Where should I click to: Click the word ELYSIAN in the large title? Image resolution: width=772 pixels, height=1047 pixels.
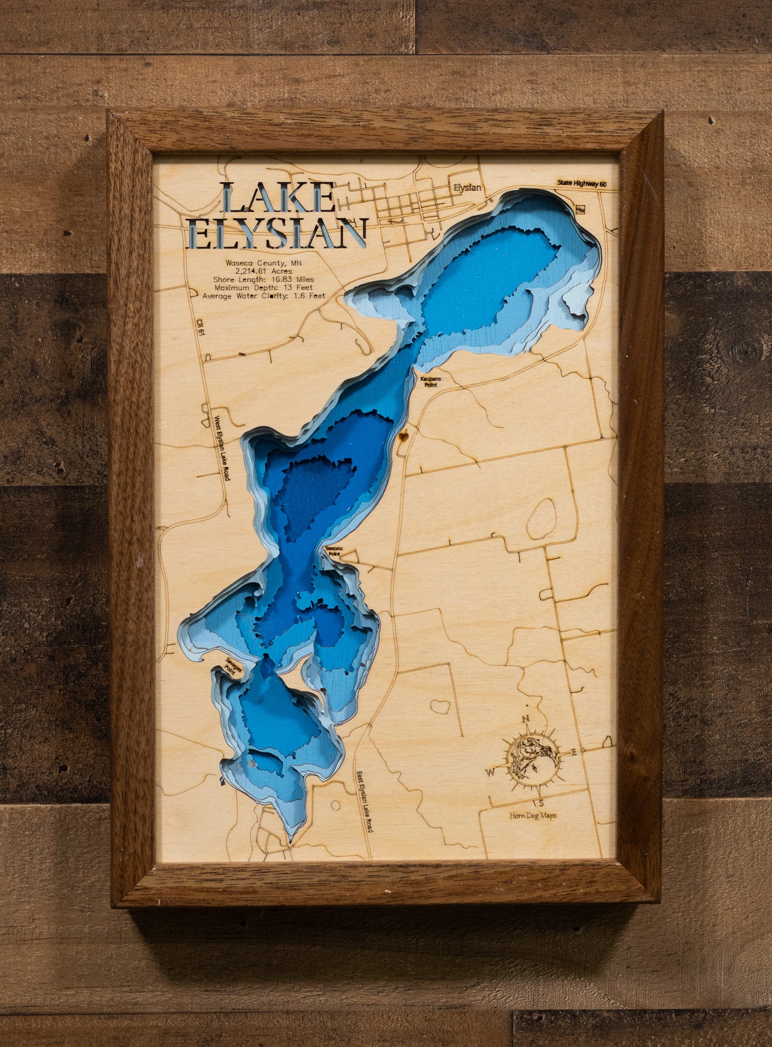[x=278, y=234]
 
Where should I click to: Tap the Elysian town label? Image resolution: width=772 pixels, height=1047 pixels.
[x=467, y=188]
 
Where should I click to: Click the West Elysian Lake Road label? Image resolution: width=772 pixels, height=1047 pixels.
[x=222, y=448]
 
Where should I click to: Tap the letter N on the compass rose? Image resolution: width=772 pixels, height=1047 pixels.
[x=525, y=719]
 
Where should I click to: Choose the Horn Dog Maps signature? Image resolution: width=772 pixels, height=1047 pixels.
[x=532, y=815]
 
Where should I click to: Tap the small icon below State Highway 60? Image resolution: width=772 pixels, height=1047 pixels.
[x=581, y=209]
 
